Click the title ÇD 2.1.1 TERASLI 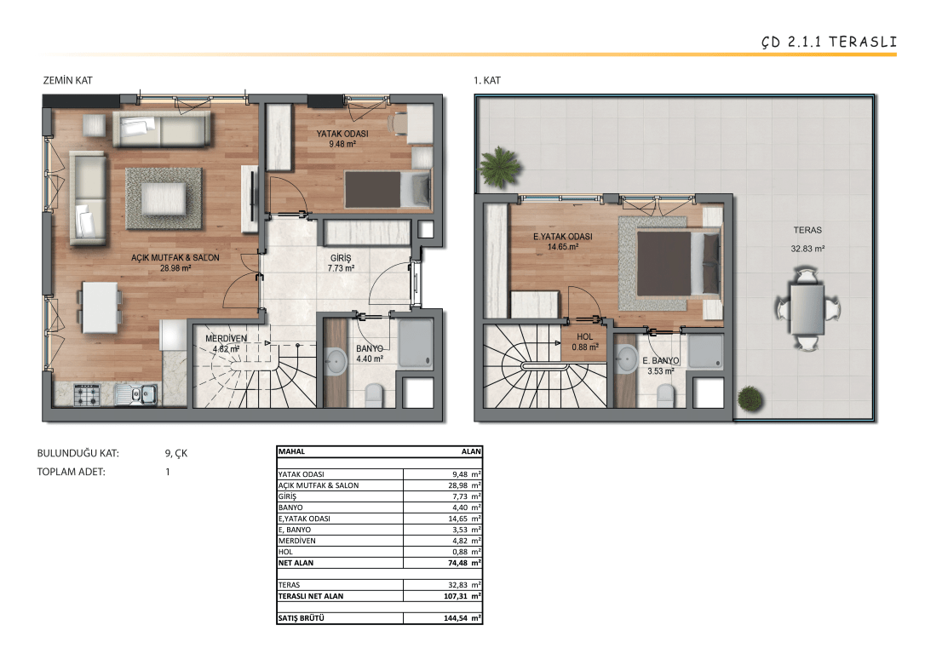coord(828,42)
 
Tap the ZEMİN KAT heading coord(68,80)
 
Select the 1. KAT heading coord(487,80)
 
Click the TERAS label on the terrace coord(807,230)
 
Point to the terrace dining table coord(807,309)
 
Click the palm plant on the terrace coord(500,167)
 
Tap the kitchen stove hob coord(87,394)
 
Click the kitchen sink coord(137,394)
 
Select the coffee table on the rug coord(164,198)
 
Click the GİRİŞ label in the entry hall coord(341,258)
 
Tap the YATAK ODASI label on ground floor coord(342,134)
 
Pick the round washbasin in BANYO coord(336,361)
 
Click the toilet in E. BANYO coord(665,396)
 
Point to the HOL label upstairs coord(584,336)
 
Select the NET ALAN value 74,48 coord(457,563)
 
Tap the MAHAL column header coord(291,451)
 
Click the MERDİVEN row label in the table coord(296,541)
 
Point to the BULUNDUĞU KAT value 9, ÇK coord(175,454)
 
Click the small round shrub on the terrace coord(750,399)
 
